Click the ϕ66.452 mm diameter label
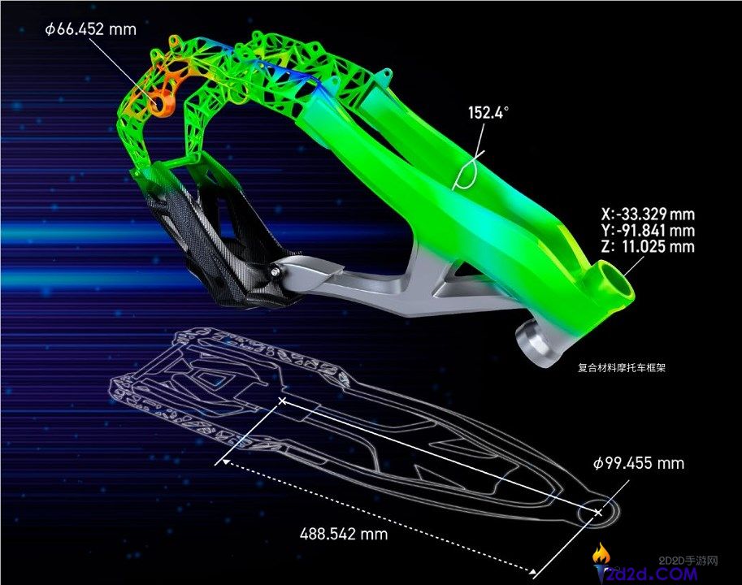[91, 29]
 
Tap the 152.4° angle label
[488, 113]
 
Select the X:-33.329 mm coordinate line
[648, 214]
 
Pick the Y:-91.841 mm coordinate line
[648, 230]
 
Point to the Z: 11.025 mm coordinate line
[648, 246]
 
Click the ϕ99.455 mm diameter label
[639, 463]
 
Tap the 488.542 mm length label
[344, 534]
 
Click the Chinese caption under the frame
[622, 367]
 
